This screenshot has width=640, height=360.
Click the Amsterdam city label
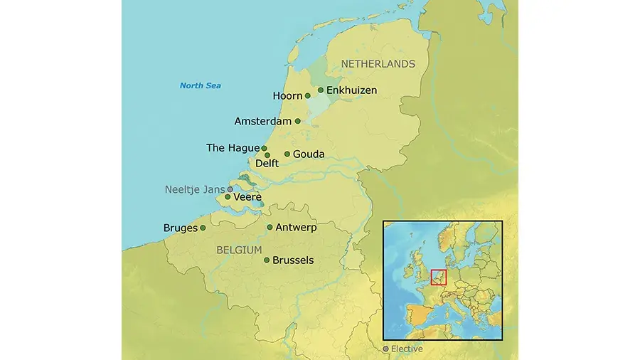coord(262,122)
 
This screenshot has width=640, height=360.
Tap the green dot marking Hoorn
coord(308,96)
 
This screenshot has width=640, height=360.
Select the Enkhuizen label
coord(351,90)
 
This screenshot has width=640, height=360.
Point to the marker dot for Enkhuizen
coord(321,90)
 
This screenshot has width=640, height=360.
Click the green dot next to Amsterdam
coord(298,121)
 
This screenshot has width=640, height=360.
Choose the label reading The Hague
coord(233,148)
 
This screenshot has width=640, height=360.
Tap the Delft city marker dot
coord(268,155)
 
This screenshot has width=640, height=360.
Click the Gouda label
coord(309,154)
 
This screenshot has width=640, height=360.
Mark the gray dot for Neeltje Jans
coord(230,189)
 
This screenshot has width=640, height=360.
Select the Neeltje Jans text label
coord(194,189)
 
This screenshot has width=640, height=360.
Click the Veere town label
coord(247,197)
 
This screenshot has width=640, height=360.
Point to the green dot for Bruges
coord(203,228)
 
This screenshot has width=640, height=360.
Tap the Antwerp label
coord(296,228)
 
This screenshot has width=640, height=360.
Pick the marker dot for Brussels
coord(267,260)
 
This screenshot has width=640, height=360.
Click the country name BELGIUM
coord(238,250)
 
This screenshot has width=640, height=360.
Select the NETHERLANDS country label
coord(378,64)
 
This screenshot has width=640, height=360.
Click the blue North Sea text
coord(200,86)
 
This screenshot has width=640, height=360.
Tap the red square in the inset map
coord(439,277)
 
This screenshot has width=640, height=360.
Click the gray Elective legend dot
coord(386,349)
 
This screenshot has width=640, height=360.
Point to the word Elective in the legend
coord(407,349)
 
